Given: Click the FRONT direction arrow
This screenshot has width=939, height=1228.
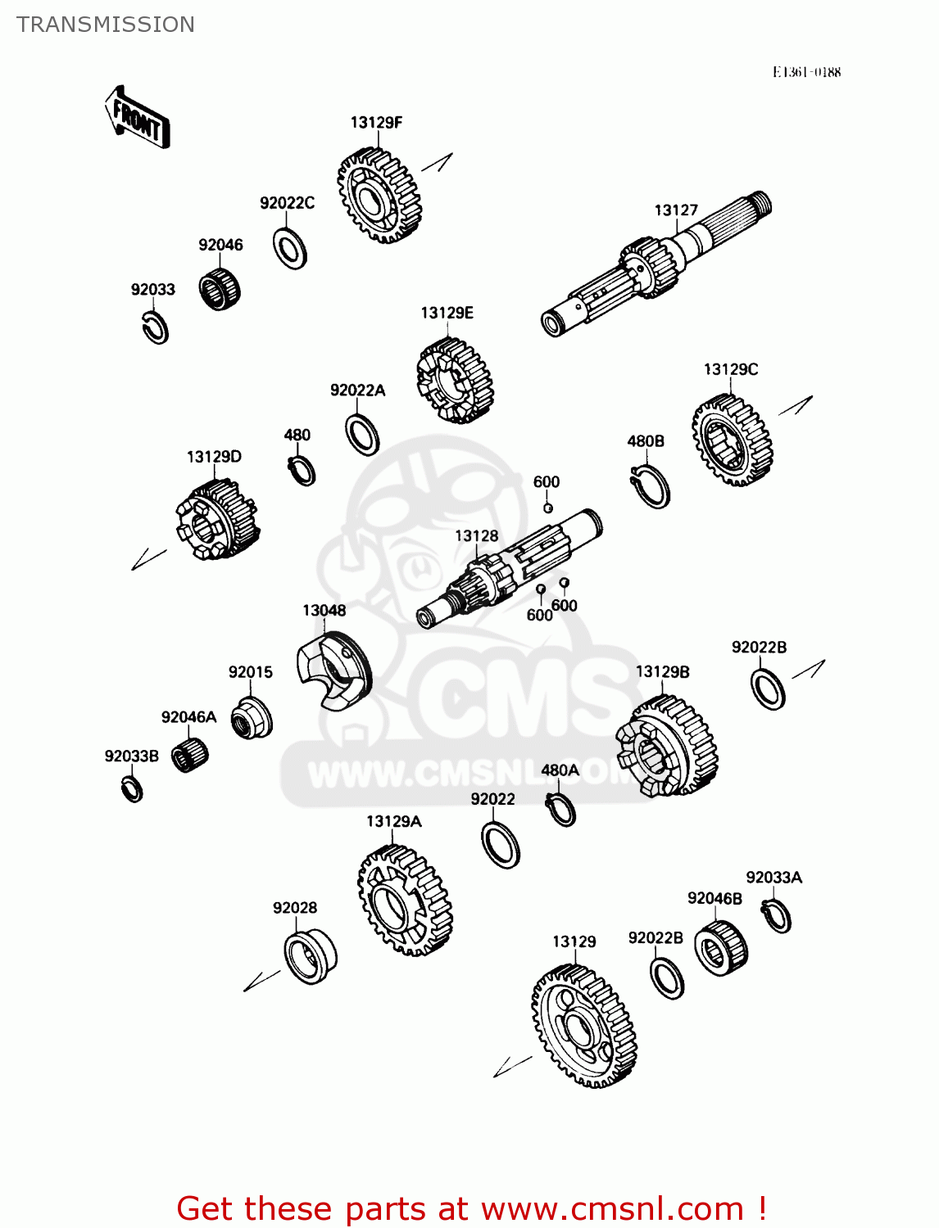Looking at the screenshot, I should [x=137, y=117].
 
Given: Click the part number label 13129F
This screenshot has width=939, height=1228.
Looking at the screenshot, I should [x=376, y=123].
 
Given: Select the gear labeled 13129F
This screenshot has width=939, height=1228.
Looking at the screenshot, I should [x=379, y=196].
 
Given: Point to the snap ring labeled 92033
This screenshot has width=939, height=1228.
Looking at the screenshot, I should [x=153, y=327].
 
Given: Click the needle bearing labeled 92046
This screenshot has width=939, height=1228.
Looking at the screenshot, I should [x=220, y=288].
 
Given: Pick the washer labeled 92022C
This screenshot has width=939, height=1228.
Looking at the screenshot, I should [x=289, y=248].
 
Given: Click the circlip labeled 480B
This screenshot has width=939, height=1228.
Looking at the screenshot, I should [x=652, y=487].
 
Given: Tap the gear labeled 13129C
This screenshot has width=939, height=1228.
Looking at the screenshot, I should [x=732, y=441].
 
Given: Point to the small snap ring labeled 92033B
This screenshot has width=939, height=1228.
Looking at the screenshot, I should [x=132, y=789].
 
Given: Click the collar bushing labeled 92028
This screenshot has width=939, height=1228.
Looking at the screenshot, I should [x=310, y=956].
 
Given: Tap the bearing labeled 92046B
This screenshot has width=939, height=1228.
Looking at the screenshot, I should [x=720, y=948].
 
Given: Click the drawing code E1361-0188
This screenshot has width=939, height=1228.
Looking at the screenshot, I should [x=806, y=72].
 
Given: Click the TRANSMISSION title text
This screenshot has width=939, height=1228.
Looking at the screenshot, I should [x=106, y=25].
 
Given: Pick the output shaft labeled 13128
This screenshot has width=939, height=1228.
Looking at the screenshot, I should [x=508, y=567].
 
